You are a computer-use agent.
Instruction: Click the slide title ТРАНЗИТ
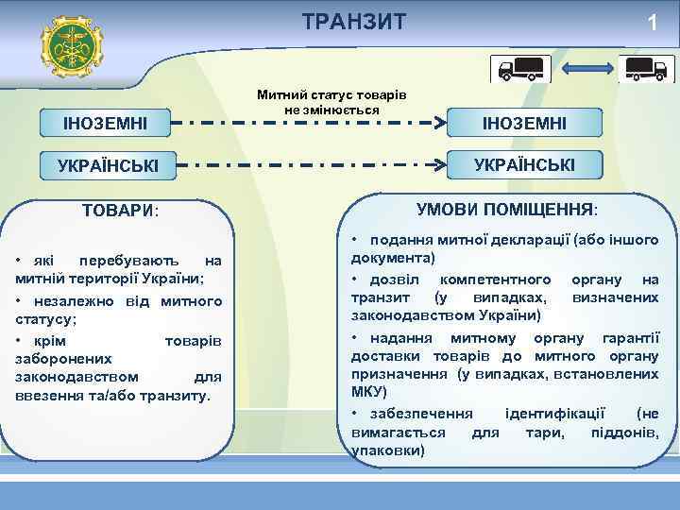(354, 22)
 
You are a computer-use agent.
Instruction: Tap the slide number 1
(652, 24)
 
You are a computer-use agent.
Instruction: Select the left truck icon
(519, 69)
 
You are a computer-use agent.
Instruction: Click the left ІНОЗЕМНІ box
(105, 124)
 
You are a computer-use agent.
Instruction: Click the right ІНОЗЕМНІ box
(524, 124)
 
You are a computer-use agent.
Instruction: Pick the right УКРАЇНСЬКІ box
(524, 164)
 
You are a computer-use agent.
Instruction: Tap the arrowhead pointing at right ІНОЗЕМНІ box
(438, 124)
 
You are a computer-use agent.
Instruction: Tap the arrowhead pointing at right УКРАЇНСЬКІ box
(438, 164)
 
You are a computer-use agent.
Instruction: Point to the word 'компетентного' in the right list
(496, 280)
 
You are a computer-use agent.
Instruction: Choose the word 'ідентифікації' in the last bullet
(561, 414)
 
